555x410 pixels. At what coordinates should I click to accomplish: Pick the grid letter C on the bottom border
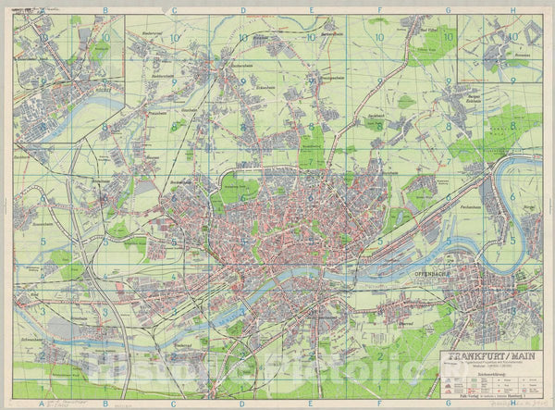tap(174, 404)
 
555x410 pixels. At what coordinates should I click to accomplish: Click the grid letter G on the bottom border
tap(449, 404)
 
